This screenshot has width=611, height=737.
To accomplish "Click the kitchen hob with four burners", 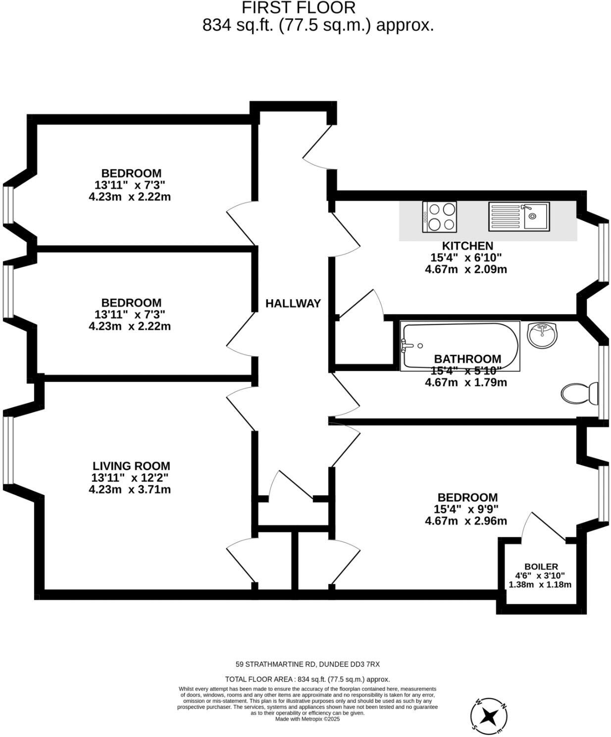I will tap(439, 216).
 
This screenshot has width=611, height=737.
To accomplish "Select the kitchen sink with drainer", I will tap(518, 216).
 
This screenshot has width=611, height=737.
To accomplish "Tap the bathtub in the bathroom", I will tap(459, 345).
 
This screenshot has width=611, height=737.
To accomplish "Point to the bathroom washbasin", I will tap(543, 335).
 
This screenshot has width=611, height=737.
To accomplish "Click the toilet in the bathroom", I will tap(578, 394).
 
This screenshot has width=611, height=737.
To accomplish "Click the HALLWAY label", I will tap(293, 303).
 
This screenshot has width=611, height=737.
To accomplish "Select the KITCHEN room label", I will tap(467, 246).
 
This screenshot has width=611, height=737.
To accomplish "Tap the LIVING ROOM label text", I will tap(131, 466).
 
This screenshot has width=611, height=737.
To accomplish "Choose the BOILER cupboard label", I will tap(541, 566).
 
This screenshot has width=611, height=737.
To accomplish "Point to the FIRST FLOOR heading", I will tap(299, 8).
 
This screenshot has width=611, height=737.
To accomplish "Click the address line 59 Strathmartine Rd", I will tap(307, 664).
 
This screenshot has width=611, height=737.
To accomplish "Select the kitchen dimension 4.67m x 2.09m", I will tap(466, 269).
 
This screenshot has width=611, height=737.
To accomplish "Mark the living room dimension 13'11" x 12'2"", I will tap(130, 478).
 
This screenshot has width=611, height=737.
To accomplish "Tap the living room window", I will tap(7, 449).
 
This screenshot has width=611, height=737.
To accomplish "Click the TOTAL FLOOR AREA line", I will tap(307, 679).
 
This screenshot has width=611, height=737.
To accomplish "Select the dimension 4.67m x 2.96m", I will tap(466, 521).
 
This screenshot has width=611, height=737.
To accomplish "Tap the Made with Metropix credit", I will tap(307, 719).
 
